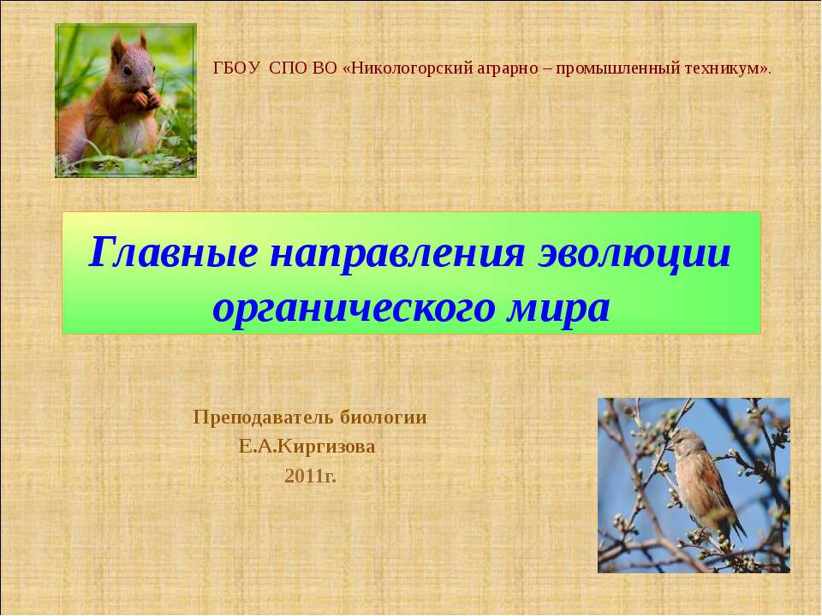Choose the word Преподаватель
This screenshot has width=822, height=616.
tap(265, 418)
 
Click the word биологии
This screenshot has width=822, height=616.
tap(384, 418)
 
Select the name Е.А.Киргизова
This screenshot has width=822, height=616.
tap(309, 447)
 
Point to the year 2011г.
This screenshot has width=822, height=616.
tap(310, 476)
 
